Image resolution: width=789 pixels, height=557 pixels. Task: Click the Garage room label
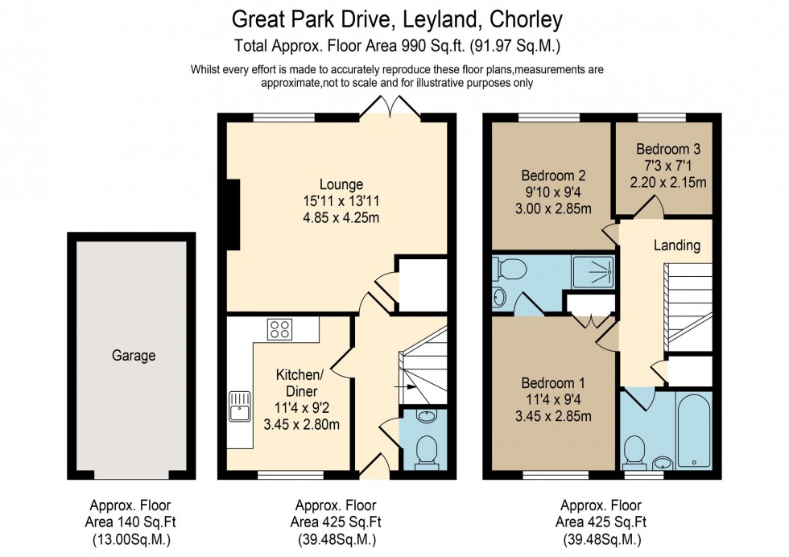point(133,355)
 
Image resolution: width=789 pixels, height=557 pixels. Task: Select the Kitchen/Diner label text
point(300,382)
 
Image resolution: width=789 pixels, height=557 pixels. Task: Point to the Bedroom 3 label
point(667,149)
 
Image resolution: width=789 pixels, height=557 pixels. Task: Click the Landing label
point(676,245)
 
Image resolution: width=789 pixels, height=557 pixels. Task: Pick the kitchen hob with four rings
point(279,328)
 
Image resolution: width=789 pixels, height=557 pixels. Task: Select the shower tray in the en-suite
point(593,270)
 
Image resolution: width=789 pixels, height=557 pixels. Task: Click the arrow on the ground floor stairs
point(400,387)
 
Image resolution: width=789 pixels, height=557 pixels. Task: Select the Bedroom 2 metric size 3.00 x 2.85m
point(553,209)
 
